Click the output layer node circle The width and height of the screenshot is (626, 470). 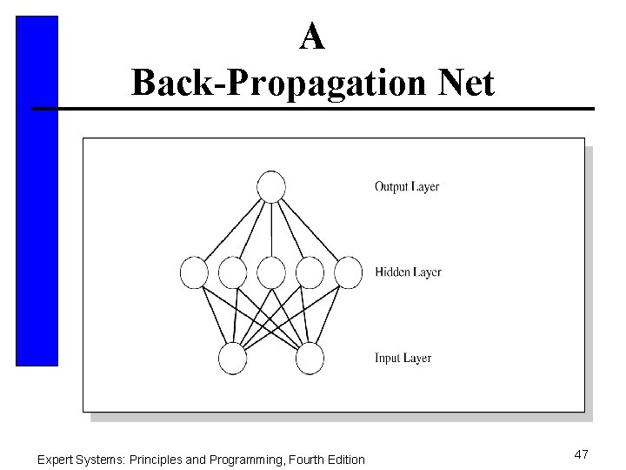pos(271,187)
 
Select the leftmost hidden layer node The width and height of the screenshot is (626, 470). pos(194,272)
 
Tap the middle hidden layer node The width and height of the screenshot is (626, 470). pos(271,272)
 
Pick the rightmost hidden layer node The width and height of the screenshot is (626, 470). pos(348,272)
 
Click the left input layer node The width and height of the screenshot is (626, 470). pos(233,359)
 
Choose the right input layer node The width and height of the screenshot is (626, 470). pos(310,359)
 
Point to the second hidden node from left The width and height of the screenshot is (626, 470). pos(232,272)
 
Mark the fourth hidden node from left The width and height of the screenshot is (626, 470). pos(310,272)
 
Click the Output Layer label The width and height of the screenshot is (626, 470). pos(407,186)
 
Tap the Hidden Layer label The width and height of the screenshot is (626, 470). pos(408,272)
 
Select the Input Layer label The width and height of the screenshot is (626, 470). pos(403,359)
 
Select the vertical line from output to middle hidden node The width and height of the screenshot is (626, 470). pos(271,230)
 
